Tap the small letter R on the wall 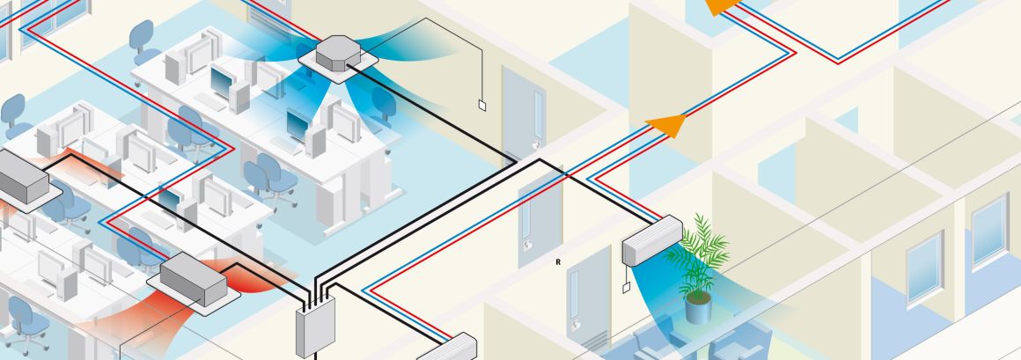558,261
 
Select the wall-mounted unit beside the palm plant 651,240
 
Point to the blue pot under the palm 698,308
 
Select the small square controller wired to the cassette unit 482,106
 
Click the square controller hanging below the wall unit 626,288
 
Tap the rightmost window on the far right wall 989,231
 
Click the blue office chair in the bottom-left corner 26,321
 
